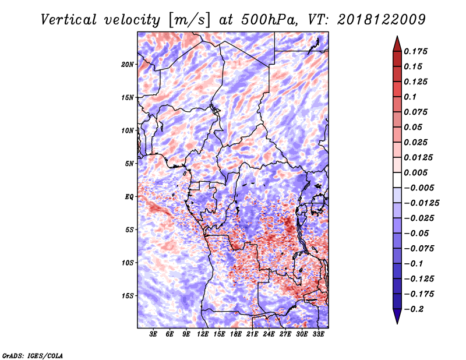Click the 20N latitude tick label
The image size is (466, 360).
[x=128, y=65]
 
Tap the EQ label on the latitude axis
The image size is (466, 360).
[x=129, y=197]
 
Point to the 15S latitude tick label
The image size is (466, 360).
[x=128, y=296]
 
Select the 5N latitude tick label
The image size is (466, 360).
[x=129, y=164]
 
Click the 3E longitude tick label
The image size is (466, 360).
[x=153, y=334]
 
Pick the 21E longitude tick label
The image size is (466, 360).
[x=252, y=334]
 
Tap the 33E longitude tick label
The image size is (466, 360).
[x=318, y=334]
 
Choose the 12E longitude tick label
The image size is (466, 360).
[x=203, y=334]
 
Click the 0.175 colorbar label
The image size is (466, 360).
[x=415, y=51]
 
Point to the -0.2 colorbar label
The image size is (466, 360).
[x=414, y=309]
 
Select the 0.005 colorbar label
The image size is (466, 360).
[x=415, y=172]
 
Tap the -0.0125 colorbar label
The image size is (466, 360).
[x=421, y=203]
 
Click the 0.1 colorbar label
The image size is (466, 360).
[x=410, y=97]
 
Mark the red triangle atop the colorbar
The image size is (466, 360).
[x=397, y=44]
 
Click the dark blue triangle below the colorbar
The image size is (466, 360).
[x=397, y=316]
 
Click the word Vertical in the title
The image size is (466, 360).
[x=69, y=20]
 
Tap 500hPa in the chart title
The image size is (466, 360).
[x=269, y=20]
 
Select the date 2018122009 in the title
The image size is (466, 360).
[x=382, y=20]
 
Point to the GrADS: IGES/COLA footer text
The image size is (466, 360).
[x=33, y=355]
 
